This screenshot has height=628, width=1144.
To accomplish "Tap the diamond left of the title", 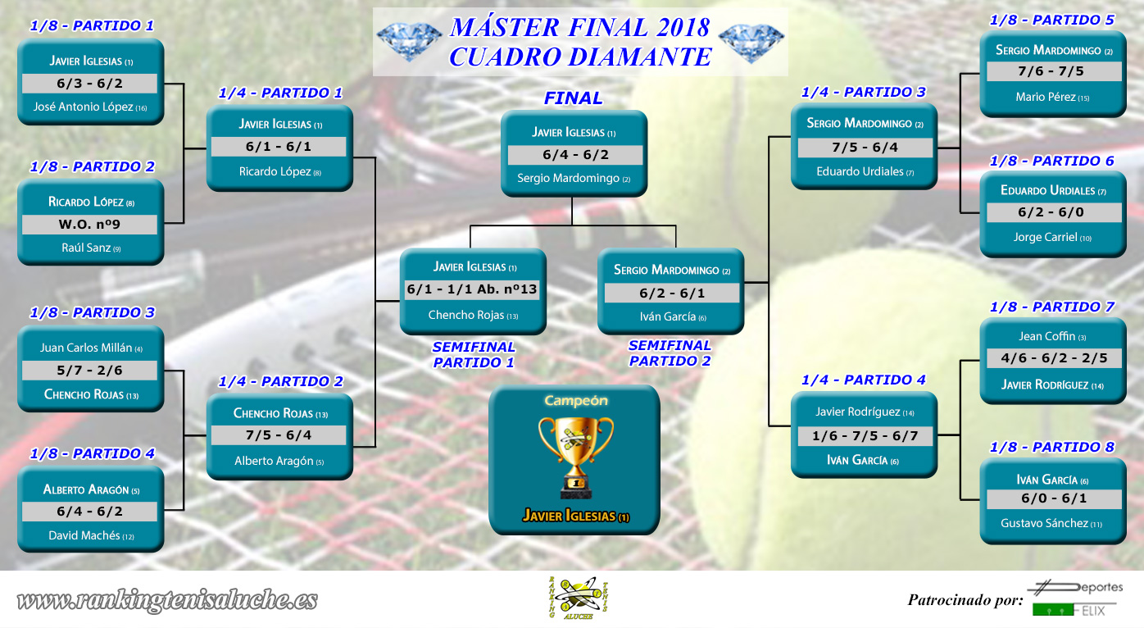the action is point(409,42).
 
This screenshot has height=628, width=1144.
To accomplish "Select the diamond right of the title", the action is point(751,43).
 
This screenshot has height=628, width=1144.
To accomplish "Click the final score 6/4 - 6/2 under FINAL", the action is point(575,155).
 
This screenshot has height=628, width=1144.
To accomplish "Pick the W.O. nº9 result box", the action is point(89,225).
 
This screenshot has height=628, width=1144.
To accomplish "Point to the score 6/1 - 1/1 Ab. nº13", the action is point(472,289).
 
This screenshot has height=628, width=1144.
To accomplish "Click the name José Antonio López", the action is point(90,107).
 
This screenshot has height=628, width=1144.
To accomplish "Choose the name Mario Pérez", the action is point(1052,97).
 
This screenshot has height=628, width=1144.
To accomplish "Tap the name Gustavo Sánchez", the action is point(1051,523).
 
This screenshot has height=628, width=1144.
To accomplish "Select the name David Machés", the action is point(91,535).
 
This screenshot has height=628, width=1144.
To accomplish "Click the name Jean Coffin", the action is point(1052,336).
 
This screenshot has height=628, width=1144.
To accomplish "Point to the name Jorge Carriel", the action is point(1052,237).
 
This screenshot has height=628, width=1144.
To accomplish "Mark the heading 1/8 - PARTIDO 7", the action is point(1051,307).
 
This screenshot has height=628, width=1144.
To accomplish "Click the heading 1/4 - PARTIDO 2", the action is point(280,381).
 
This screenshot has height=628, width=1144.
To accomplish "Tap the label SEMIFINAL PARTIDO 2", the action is point(670,353).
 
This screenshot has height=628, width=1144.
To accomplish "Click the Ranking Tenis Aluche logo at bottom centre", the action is point(578,598).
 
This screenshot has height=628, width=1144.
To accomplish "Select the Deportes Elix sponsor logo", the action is point(1077,598).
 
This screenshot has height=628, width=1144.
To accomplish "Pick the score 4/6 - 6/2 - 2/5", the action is point(1054,357).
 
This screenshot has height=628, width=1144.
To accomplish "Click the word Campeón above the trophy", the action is point(575,401).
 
